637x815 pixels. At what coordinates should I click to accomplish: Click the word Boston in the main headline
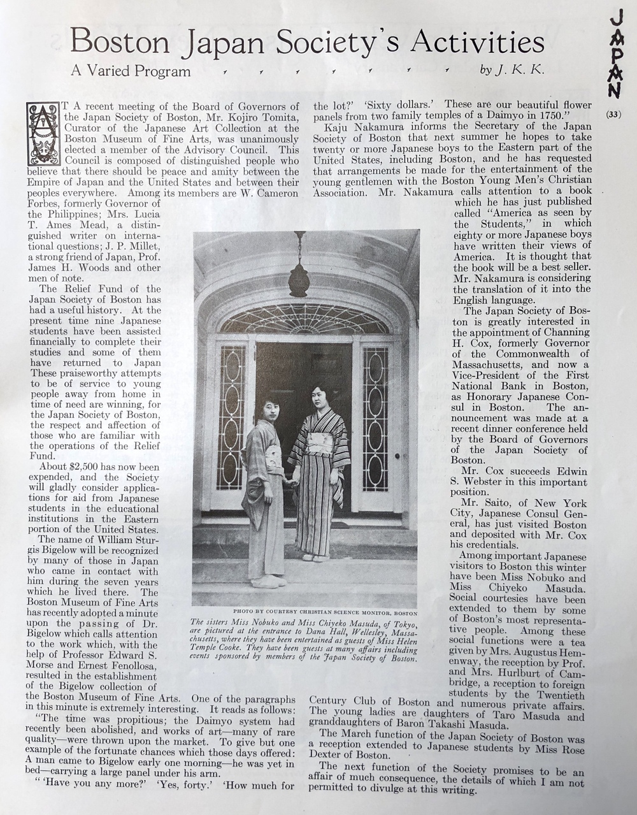120,43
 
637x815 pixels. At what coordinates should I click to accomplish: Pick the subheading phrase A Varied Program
131,71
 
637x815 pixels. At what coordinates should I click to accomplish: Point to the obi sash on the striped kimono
320,443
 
